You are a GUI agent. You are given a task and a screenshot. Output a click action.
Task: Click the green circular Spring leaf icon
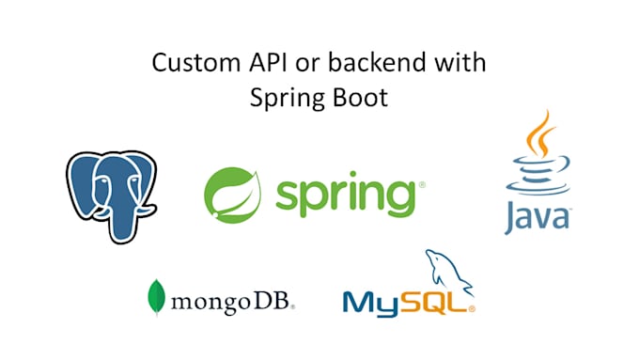click(231, 194)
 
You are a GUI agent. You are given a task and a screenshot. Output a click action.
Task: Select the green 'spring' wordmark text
click(343, 195)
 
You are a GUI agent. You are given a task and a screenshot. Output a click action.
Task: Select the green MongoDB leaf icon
click(155, 296)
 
